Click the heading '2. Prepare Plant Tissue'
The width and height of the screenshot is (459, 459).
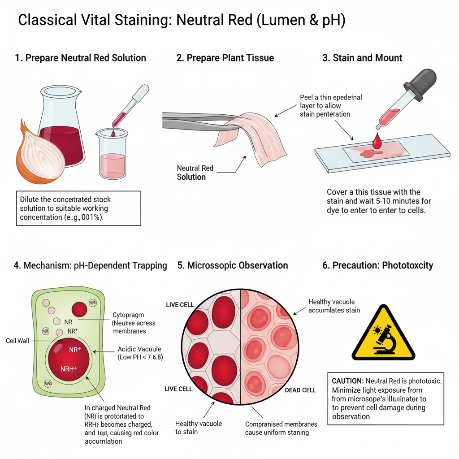click(225, 58)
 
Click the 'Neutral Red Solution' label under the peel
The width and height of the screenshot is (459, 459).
click(195, 173)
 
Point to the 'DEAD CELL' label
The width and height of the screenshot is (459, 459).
click(300, 390)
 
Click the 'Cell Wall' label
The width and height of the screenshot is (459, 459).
click(17, 341)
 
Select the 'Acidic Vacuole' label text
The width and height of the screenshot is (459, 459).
click(139, 349)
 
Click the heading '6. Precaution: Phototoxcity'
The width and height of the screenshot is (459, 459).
click(377, 265)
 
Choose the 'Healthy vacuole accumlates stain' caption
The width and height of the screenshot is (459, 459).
click(334, 306)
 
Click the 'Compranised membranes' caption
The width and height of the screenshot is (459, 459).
click(281, 424)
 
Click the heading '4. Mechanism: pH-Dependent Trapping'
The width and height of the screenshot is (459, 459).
click(90, 265)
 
